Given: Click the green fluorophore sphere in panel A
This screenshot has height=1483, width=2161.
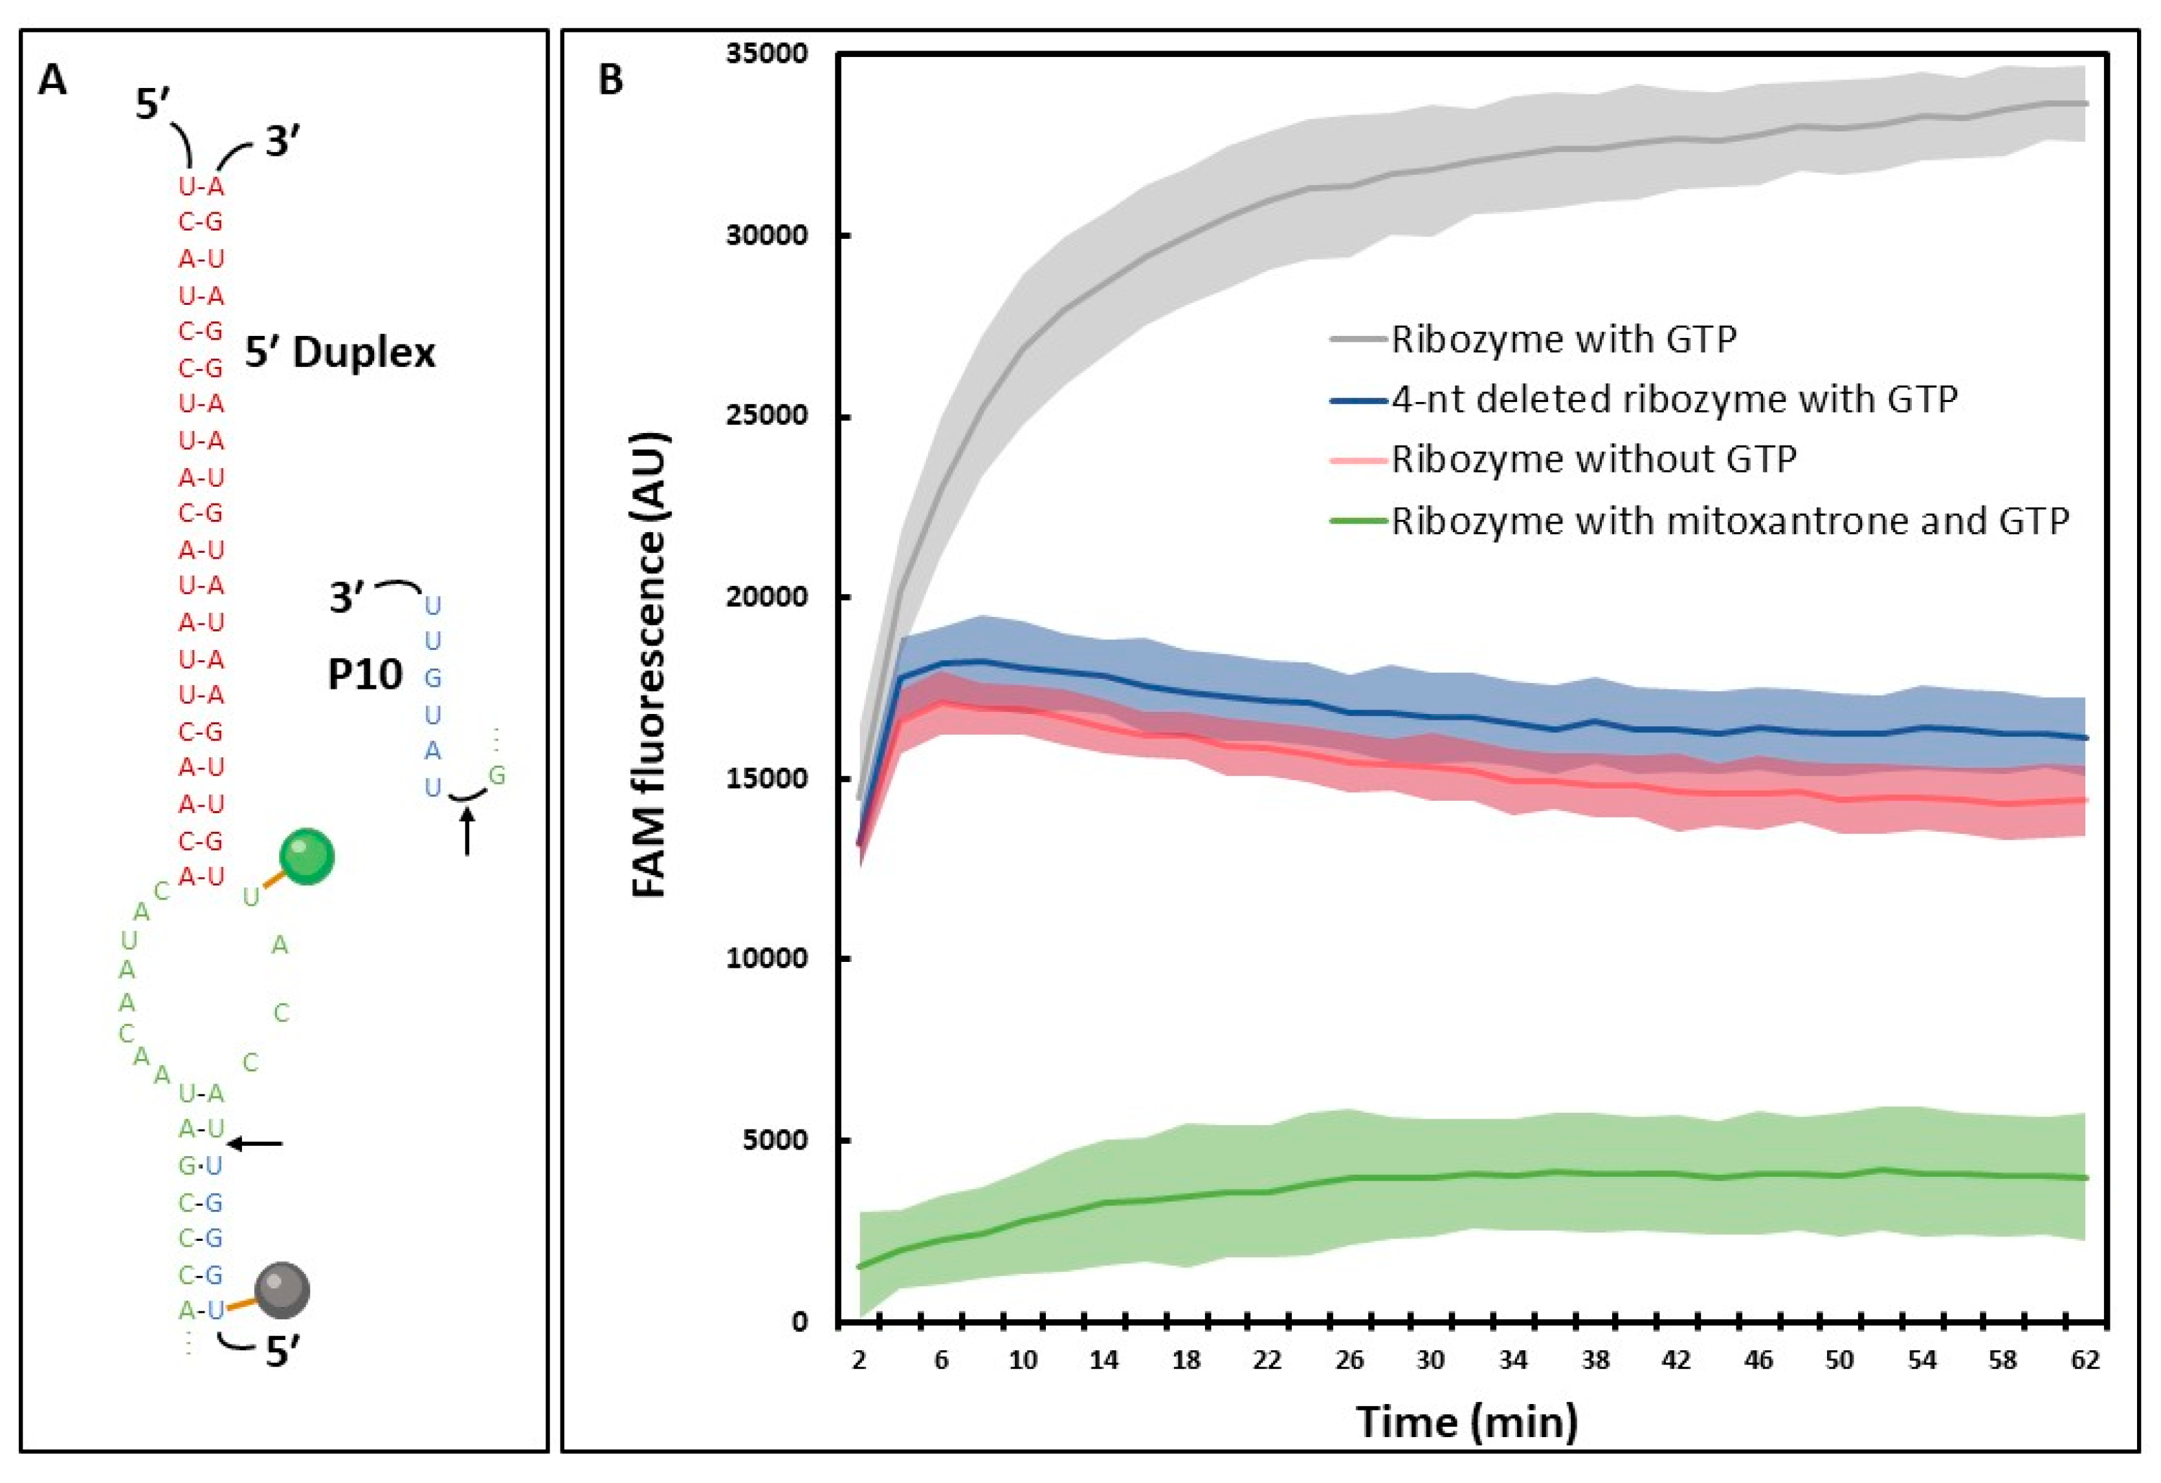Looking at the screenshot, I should pyautogui.click(x=307, y=855).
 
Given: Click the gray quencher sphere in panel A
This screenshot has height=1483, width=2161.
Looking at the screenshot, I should pyautogui.click(x=282, y=1289).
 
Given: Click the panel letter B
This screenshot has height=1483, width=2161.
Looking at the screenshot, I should pyautogui.click(x=610, y=81).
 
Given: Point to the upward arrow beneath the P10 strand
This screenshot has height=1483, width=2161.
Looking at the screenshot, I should pyautogui.click(x=467, y=831).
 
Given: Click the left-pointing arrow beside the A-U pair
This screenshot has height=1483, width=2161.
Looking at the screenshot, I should pyautogui.click(x=256, y=1144).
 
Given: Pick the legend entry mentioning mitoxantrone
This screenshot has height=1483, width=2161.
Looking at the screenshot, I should pyautogui.click(x=1729, y=520).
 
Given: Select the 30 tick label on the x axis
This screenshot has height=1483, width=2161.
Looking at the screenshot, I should pyautogui.click(x=1431, y=1360).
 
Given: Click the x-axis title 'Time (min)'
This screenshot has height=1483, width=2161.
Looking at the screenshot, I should pyautogui.click(x=1467, y=1422).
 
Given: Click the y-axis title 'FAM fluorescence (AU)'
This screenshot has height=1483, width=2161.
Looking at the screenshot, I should pyautogui.click(x=650, y=665).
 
